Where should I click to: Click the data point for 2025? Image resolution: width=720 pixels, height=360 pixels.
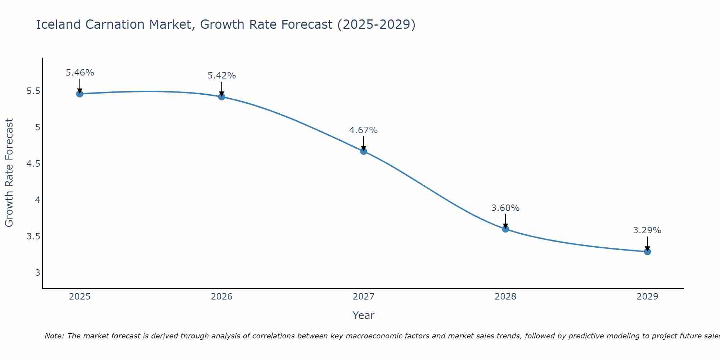point(80,94)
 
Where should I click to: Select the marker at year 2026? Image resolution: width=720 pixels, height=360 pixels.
point(221,97)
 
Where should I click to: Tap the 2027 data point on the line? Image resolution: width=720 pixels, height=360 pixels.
point(364,151)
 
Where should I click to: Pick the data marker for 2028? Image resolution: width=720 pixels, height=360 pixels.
point(505,229)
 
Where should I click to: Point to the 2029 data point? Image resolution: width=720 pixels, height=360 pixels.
point(647,252)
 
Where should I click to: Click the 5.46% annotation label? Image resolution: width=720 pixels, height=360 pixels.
point(80,73)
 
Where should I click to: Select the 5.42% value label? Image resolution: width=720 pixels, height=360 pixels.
point(222,76)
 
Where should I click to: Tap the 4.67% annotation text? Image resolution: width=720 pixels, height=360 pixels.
point(364,130)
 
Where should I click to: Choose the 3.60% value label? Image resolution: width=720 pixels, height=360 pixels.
point(505,208)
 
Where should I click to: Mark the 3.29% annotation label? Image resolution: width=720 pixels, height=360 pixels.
point(647,230)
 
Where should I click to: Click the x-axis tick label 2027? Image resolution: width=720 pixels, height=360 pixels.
point(364,297)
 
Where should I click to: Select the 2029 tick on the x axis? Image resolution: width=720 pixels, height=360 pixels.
point(647,297)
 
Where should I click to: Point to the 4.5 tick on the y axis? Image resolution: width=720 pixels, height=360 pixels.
point(33,164)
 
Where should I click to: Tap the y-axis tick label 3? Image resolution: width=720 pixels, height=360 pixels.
point(37,273)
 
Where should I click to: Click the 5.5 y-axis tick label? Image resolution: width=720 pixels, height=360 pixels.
point(33,91)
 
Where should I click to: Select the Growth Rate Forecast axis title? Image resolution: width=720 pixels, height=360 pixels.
point(9,172)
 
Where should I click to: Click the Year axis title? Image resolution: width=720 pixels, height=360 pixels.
point(364,315)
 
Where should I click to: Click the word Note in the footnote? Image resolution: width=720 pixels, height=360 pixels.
point(54,336)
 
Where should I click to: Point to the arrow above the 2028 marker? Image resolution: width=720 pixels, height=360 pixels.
point(505,220)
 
